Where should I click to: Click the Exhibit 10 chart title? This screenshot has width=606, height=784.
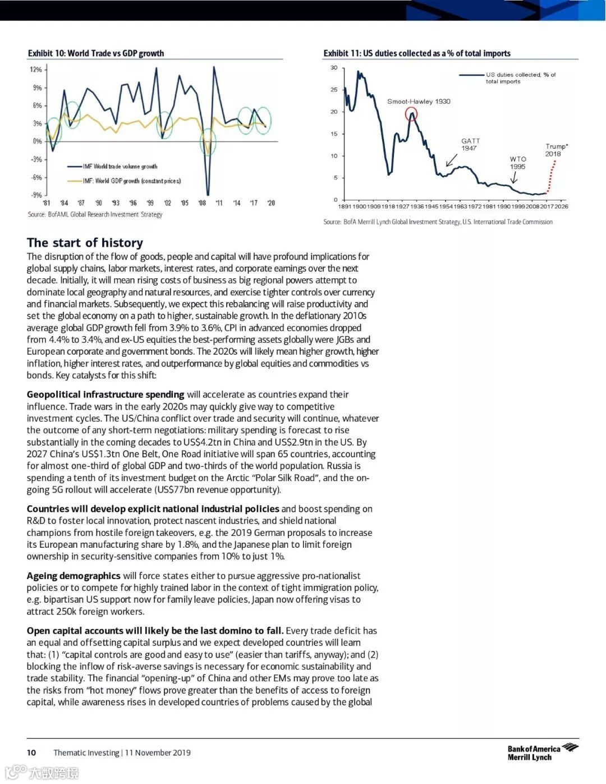point(96,53)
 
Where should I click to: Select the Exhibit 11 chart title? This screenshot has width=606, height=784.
point(417,53)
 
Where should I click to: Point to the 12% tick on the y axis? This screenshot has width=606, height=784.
point(36,70)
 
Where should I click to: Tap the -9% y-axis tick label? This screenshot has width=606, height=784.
point(36,195)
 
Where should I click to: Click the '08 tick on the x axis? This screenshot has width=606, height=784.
point(202,203)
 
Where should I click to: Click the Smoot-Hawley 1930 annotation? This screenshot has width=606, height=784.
point(419,102)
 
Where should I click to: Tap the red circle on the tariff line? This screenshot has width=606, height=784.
point(411,114)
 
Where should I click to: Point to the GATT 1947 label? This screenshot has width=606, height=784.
point(470,145)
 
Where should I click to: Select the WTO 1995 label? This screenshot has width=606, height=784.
point(518,163)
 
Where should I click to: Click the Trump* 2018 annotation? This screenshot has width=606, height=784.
point(556,150)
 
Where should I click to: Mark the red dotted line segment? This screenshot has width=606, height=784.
point(552,175)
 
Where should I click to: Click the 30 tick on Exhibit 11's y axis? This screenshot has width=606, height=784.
point(334,68)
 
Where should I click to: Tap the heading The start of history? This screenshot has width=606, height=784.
point(85,242)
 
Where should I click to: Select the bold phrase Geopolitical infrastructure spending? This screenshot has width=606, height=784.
point(105,395)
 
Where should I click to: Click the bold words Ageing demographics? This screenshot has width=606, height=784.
point(74,576)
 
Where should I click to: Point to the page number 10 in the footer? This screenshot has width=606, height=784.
point(31,753)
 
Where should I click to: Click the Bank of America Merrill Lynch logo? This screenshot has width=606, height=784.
point(542,752)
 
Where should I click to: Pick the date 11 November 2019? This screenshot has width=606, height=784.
point(158,753)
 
